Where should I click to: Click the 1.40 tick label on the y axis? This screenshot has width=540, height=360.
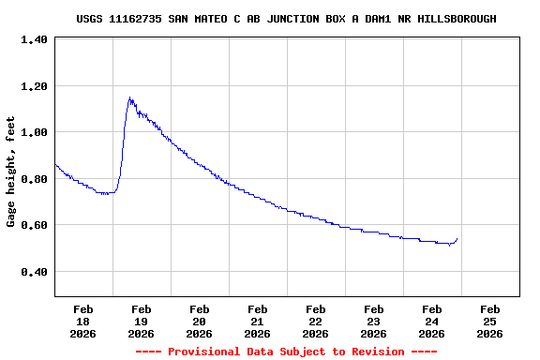tap(34, 40)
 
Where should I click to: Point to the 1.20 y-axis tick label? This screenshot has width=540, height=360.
tap(34, 86)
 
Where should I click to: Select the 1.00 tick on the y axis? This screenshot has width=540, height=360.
tap(34, 133)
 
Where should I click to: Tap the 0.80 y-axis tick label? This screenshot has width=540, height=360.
tap(34, 179)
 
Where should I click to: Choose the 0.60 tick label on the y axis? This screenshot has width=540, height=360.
tap(34, 226)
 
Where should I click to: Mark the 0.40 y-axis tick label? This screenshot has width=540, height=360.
tap(34, 272)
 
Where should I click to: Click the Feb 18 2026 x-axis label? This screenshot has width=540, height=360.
tap(82, 321)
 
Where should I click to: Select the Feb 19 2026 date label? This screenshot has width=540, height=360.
tap(141, 321)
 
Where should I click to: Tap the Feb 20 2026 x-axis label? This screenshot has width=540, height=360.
tap(199, 321)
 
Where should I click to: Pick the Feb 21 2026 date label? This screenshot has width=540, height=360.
tap(257, 321)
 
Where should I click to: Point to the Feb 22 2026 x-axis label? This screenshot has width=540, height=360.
tap(315, 321)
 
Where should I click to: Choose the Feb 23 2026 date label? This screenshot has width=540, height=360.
tap(373, 321)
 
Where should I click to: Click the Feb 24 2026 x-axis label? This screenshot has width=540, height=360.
tap(431, 321)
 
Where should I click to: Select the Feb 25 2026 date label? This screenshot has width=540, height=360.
tap(489, 321)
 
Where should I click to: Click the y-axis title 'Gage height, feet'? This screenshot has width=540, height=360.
tap(11, 172)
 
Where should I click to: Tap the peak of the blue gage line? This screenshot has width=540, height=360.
tap(130, 97)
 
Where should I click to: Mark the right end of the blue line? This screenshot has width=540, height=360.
tap(457, 238)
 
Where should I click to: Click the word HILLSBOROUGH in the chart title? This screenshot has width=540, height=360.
tap(455, 19)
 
